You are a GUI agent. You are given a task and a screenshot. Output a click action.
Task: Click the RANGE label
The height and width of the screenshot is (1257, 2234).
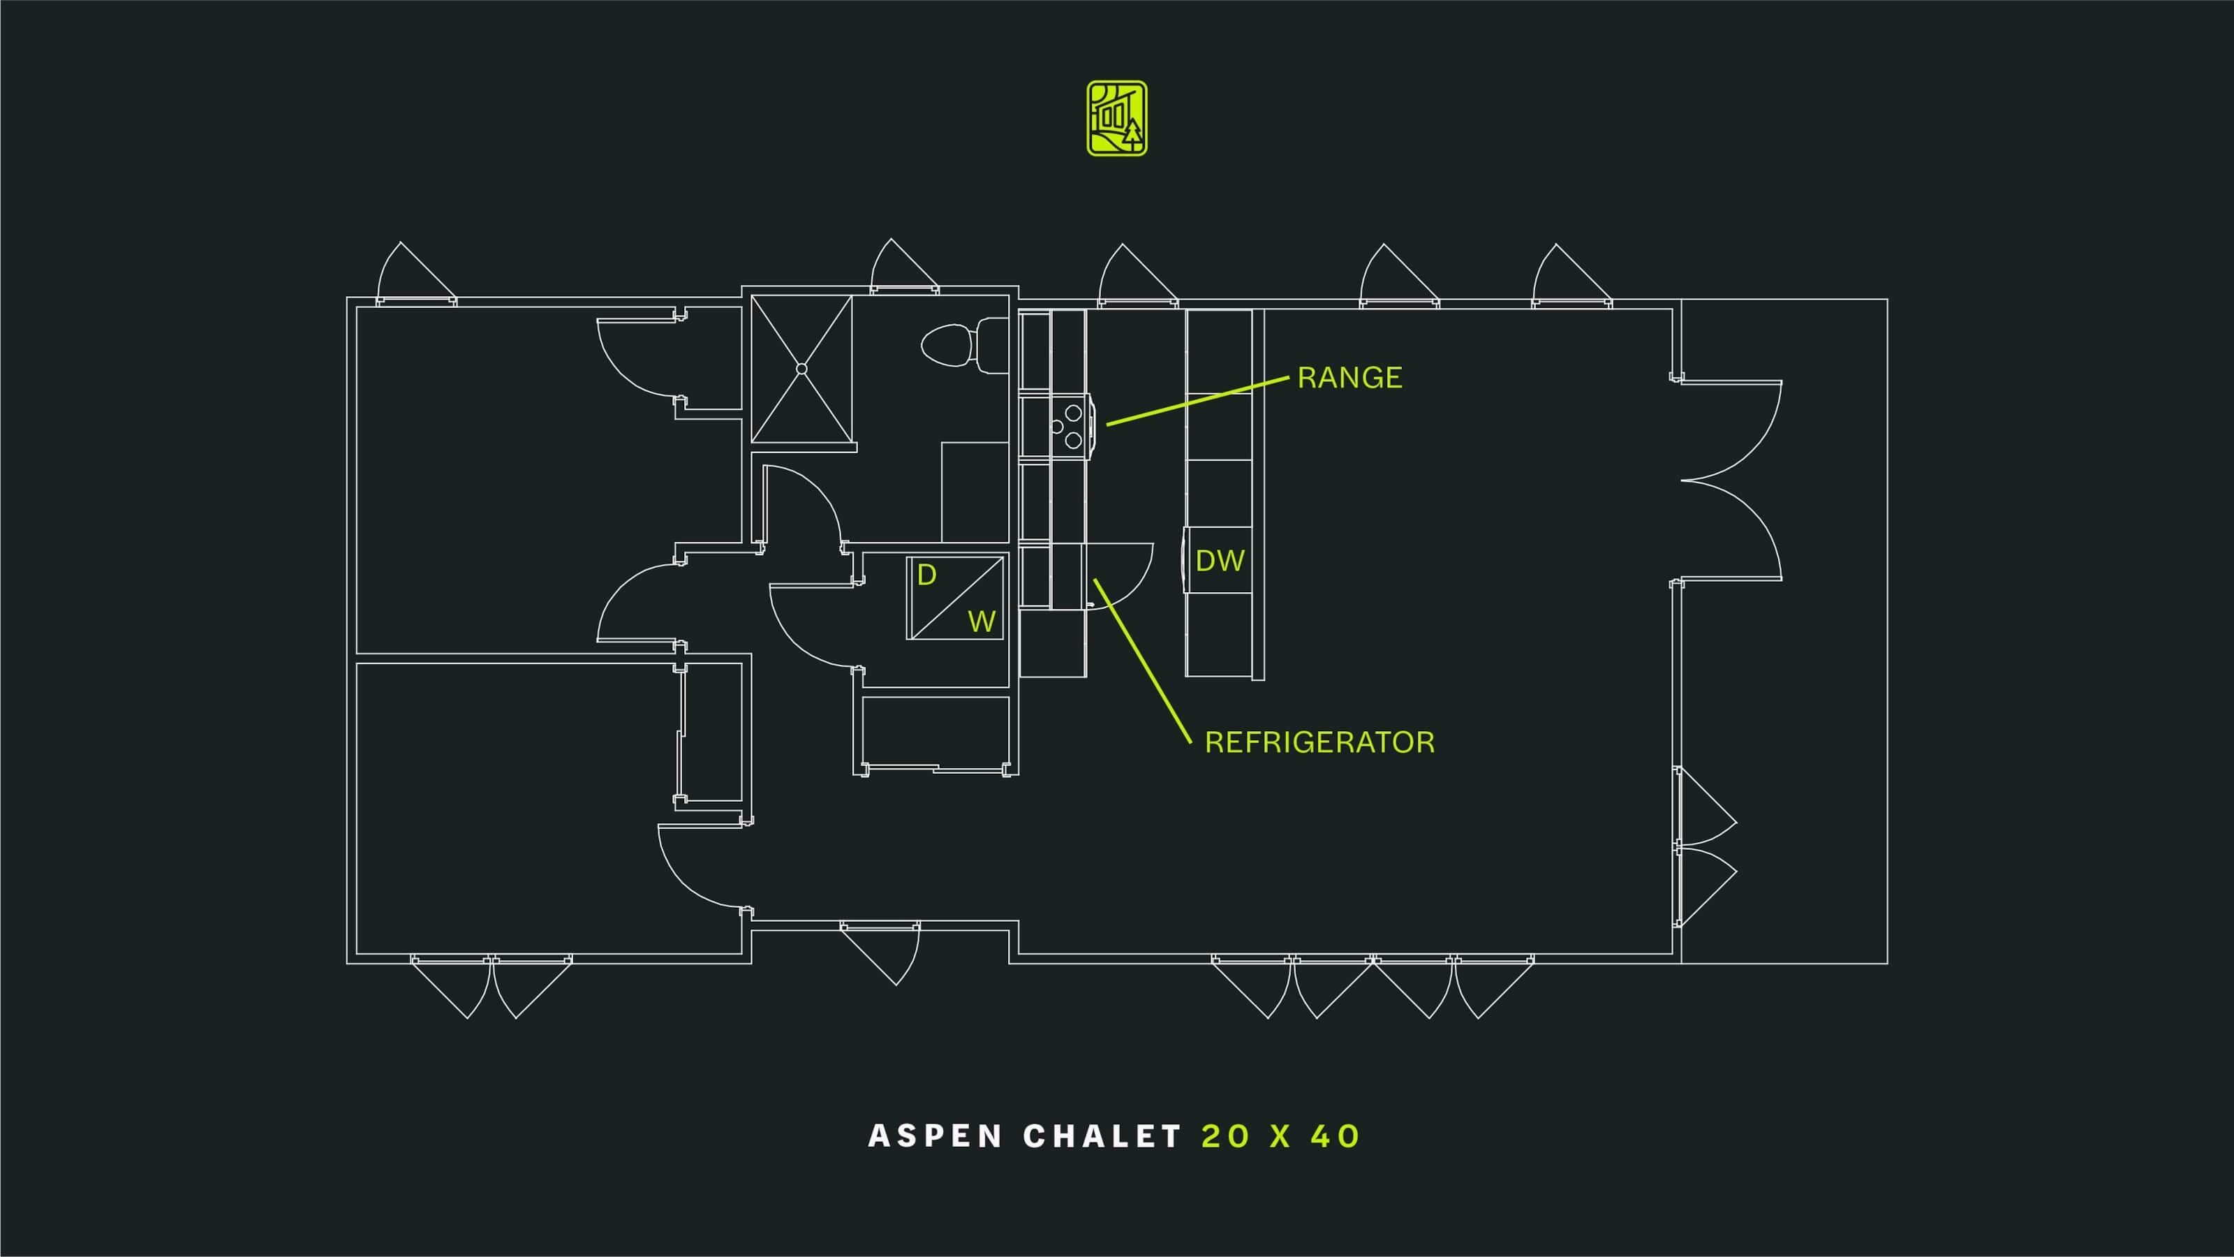tap(1349, 377)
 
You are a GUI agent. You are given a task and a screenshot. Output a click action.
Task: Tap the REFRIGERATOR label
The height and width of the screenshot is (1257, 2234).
tap(1319, 742)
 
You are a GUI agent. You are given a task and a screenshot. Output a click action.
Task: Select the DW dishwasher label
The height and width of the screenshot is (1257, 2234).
tap(1220, 561)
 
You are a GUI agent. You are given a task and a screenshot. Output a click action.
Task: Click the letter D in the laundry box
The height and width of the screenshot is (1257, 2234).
tap(927, 575)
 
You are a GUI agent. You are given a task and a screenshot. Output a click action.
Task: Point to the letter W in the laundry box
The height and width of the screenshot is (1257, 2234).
tap(981, 621)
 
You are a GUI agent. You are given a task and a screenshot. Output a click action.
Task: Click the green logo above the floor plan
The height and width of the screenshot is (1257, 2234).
tap(1117, 118)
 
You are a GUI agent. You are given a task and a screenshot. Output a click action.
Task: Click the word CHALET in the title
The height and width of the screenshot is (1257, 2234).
tap(1102, 1136)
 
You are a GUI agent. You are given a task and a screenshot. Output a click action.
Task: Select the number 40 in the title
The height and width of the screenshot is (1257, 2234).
tap(1335, 1136)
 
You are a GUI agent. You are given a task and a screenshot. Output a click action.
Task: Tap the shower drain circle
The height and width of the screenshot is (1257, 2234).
tap(801, 369)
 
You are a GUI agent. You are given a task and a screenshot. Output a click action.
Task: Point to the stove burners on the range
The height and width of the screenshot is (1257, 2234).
tap(1067, 426)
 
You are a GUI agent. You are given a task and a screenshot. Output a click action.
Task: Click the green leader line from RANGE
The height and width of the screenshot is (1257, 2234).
tap(1198, 401)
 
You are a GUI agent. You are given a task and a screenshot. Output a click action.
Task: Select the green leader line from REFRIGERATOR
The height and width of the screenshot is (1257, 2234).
tap(1142, 661)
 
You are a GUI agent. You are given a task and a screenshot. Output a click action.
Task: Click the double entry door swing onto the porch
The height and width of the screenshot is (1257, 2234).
tap(1731, 480)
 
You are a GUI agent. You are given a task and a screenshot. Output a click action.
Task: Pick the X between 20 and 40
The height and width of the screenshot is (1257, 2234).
tap(1281, 1136)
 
